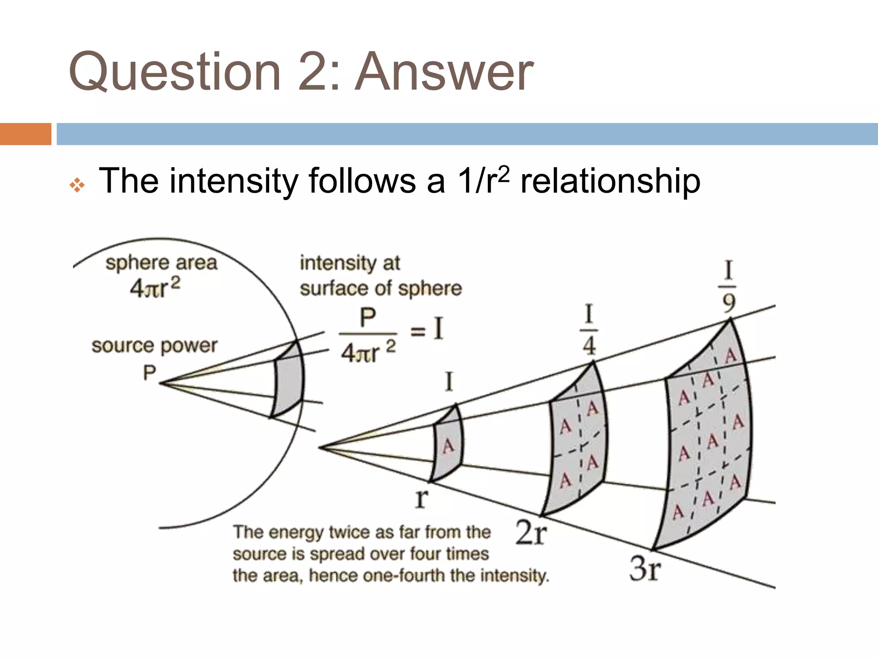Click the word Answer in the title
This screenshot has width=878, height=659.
tap(444, 72)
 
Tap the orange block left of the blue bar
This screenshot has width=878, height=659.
tap(25, 134)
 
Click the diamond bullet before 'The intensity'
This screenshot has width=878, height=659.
tap(77, 185)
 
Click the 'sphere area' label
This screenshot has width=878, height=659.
tap(161, 263)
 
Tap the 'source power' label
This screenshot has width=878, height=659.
tap(154, 346)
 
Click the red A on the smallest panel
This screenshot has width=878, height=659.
tap(448, 446)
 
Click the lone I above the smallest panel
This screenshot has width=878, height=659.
tap(449, 381)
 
